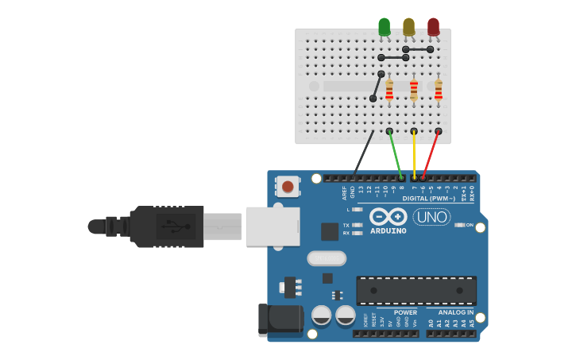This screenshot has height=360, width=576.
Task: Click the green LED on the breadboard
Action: pos(385,27)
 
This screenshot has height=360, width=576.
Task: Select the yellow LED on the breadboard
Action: pos(408,27)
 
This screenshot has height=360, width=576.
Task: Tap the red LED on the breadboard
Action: pos(433,27)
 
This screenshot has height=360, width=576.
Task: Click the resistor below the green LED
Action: pos(389,90)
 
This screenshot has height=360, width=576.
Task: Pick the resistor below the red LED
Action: pos(439,90)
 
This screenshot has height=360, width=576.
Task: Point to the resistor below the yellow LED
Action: pos(414,90)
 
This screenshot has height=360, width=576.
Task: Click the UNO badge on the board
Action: pos(431,216)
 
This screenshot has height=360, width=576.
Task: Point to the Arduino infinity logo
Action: pos(389,217)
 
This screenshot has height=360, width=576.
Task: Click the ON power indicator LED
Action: pos(459,225)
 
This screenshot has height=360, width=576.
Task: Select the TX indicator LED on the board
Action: pos(357,225)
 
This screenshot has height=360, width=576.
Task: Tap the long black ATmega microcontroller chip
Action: pos(416,291)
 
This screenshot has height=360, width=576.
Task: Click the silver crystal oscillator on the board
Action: pos(327,257)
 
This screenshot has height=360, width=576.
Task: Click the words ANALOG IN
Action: pos(457,312)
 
